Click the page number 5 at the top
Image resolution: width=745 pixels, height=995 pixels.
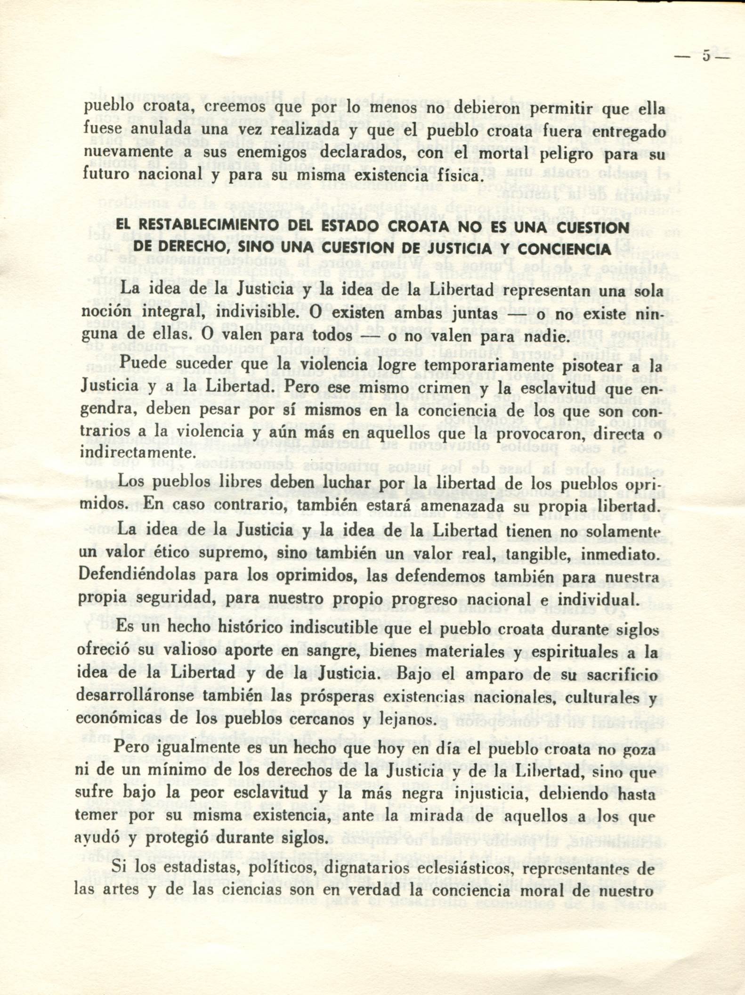[706, 56]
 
